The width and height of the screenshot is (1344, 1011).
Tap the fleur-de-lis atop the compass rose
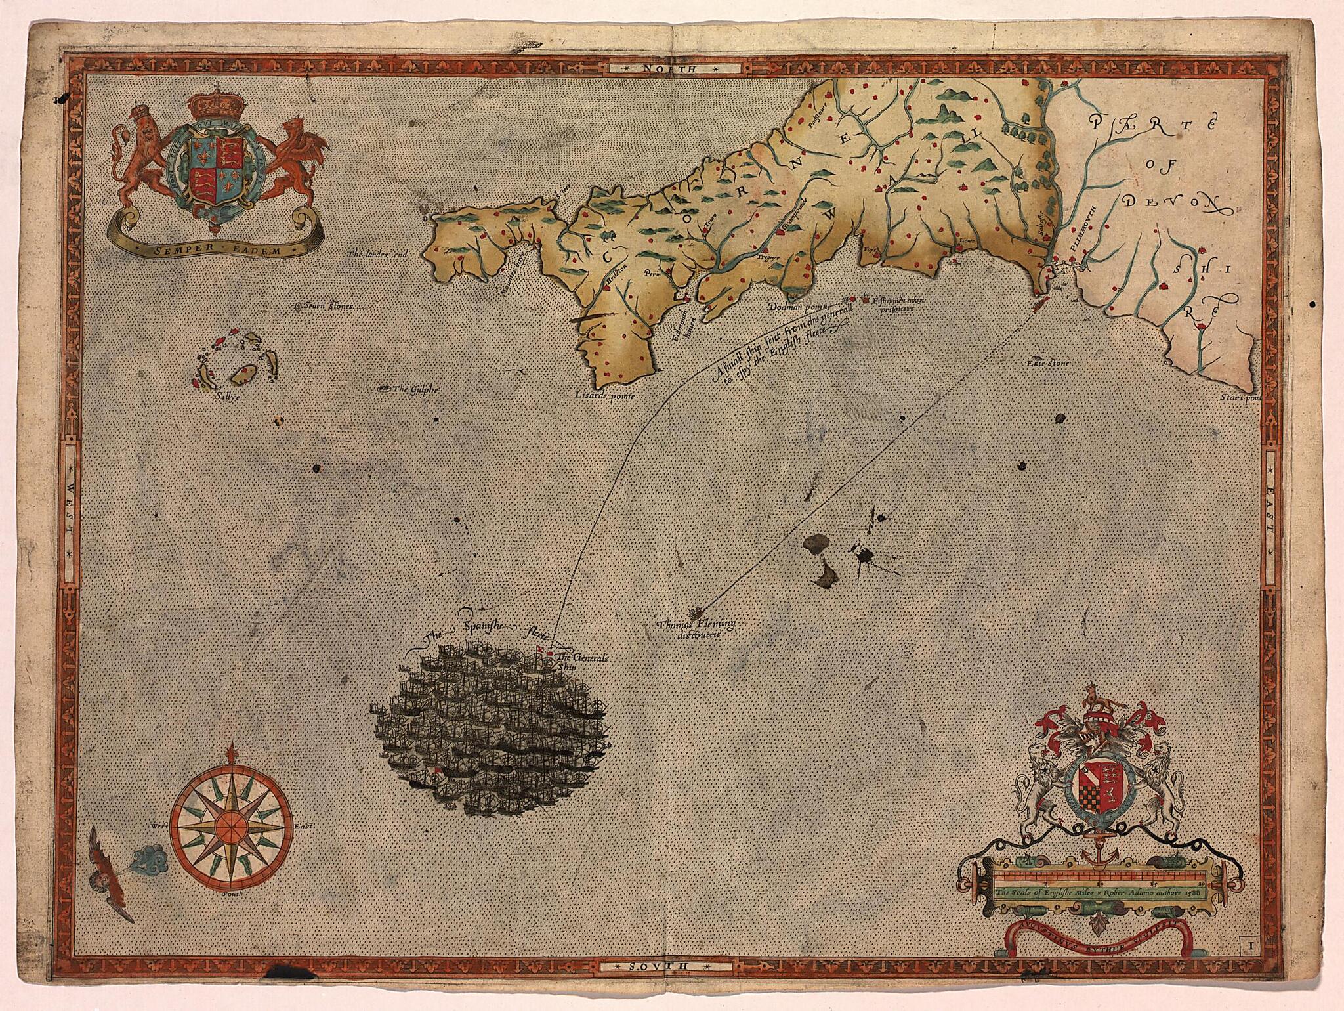click(230, 754)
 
